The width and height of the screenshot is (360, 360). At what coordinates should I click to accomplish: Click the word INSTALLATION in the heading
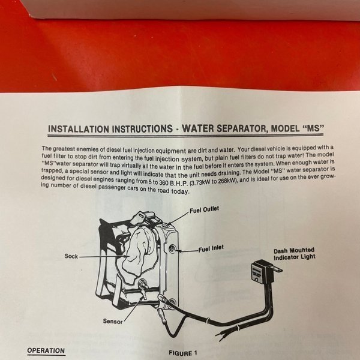[x=78, y=129]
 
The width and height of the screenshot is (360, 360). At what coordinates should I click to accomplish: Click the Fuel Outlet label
[x=204, y=209]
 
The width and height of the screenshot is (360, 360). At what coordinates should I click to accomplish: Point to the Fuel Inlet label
[x=211, y=248]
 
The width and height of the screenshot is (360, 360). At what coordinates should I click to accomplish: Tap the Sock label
[x=71, y=256]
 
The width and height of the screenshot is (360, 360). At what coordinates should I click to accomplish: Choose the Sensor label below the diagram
[x=113, y=321]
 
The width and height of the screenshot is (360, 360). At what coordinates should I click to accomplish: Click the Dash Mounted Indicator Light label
[x=295, y=254]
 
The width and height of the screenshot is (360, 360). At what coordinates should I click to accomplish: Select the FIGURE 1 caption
[x=183, y=353]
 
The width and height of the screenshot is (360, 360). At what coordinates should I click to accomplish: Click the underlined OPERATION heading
[x=46, y=351]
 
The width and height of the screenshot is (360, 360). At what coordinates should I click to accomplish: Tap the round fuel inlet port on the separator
[x=172, y=248]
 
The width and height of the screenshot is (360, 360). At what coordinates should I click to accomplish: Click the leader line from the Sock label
[x=103, y=256]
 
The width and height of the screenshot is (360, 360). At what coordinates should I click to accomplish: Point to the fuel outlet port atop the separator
[x=168, y=224]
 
